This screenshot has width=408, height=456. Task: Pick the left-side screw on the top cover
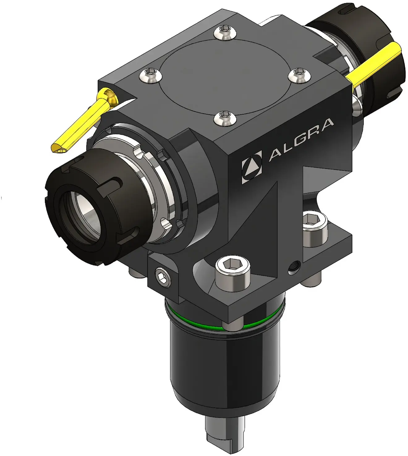[x=151, y=75]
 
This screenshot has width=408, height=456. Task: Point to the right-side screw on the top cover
[x=299, y=75]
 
